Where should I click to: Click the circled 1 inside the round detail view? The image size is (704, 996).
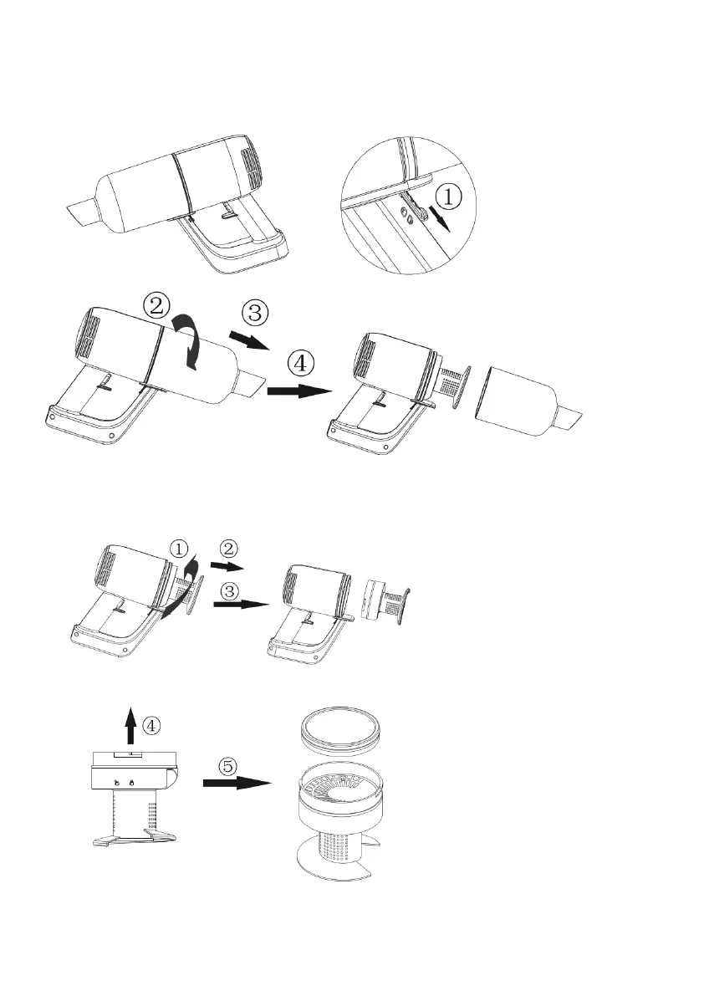448,197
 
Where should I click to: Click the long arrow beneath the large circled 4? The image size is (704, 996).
299,391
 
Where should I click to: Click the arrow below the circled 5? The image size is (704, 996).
238,784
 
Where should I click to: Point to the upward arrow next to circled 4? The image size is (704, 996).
130,724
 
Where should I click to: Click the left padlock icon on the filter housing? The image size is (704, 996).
118,781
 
